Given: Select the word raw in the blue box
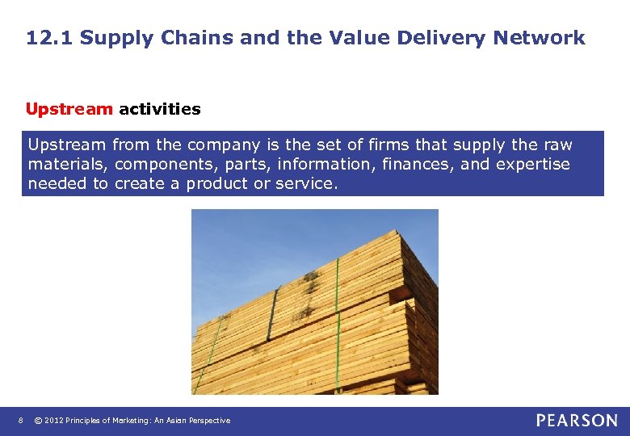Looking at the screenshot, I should click(557, 145).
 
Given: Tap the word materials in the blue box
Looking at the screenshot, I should click(68, 164).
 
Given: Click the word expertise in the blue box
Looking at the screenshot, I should click(533, 164).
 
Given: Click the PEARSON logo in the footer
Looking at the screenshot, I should click(577, 420).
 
